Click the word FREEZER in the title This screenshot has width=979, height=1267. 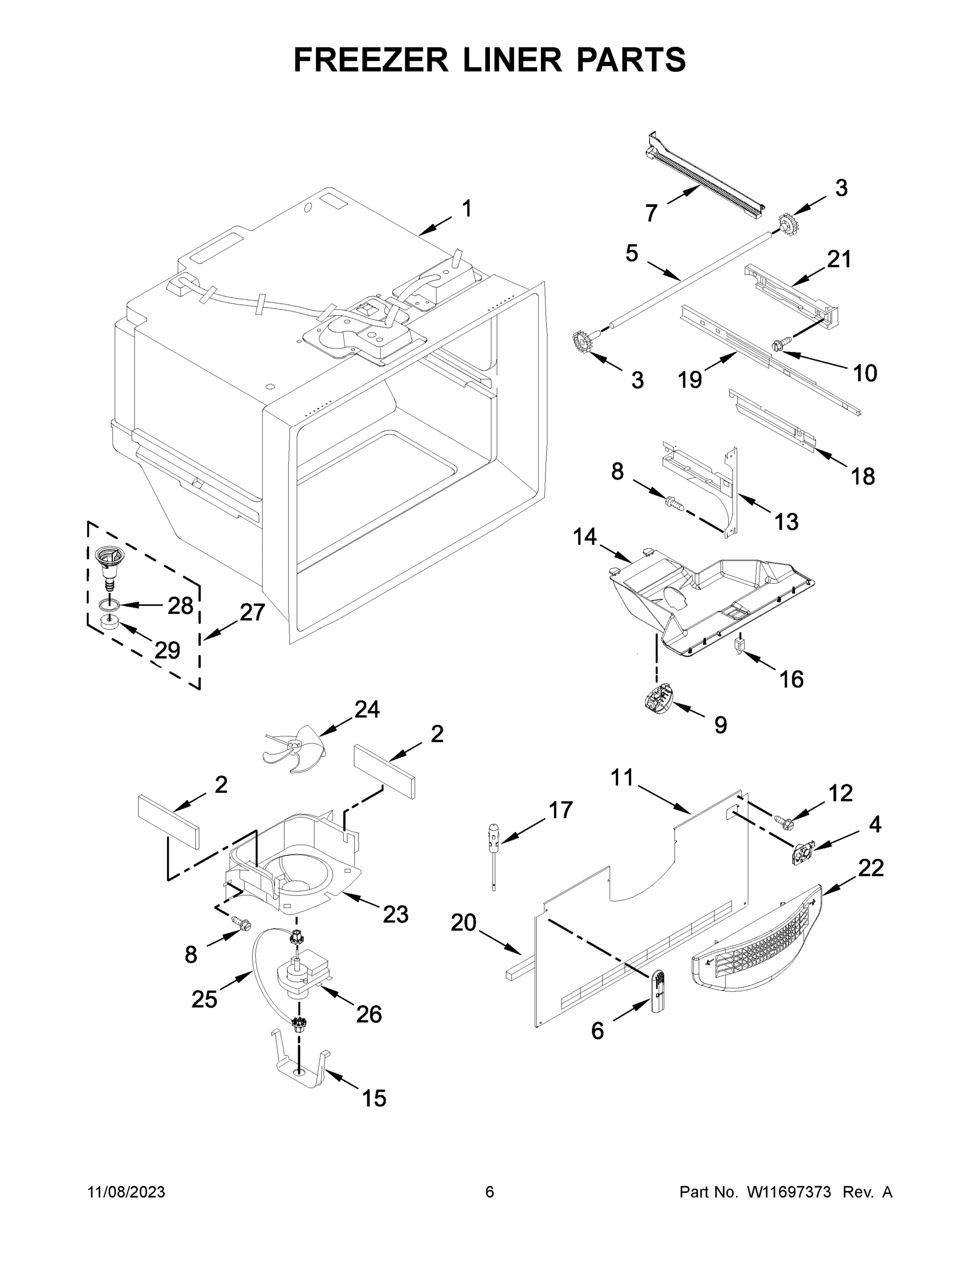coord(370,60)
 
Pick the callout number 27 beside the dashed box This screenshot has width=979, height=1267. coord(252,612)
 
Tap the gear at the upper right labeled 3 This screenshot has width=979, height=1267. coord(785,224)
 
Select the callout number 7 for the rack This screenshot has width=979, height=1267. coord(651,213)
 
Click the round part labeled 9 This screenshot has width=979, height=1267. coord(656,696)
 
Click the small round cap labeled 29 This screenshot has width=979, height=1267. coord(107,623)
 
